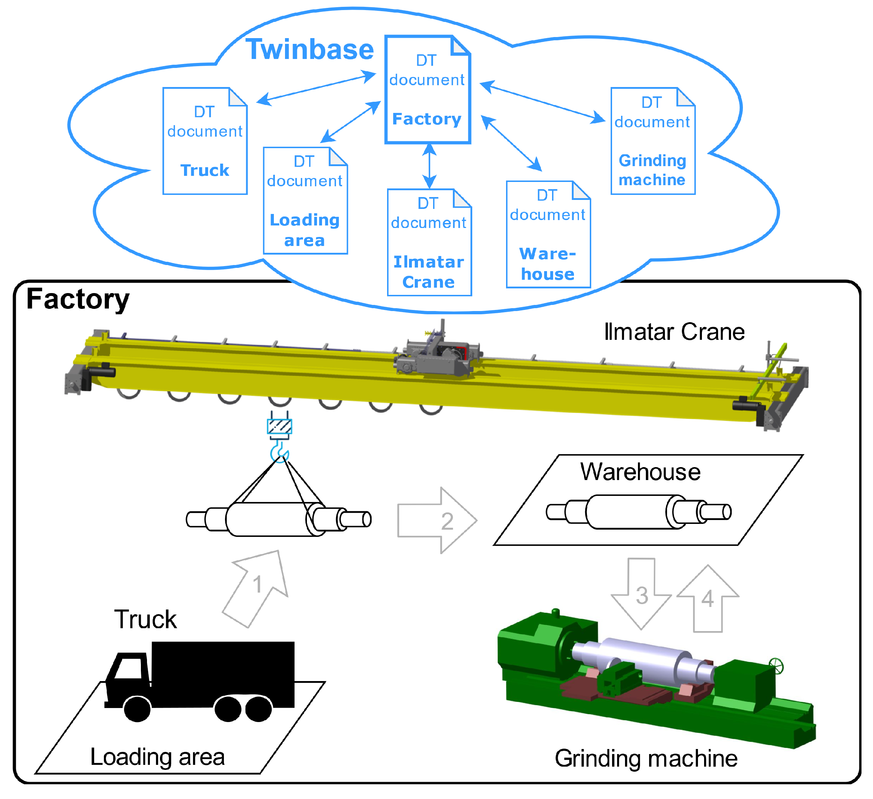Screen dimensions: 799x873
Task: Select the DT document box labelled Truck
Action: click(x=205, y=141)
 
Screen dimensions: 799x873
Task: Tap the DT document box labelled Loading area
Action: click(x=305, y=201)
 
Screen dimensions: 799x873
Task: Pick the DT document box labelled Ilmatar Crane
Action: click(x=429, y=243)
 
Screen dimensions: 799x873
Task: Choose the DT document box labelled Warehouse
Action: click(x=548, y=234)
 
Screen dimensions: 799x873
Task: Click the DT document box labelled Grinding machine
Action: click(x=653, y=141)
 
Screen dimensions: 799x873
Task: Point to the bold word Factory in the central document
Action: click(x=427, y=119)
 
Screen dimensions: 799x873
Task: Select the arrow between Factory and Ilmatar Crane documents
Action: click(x=429, y=166)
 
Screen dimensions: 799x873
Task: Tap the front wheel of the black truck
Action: click(x=137, y=708)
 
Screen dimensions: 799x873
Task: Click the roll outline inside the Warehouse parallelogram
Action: click(x=639, y=512)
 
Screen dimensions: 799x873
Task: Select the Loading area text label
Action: click(x=158, y=757)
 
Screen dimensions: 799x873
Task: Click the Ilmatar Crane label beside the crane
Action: click(x=674, y=332)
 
